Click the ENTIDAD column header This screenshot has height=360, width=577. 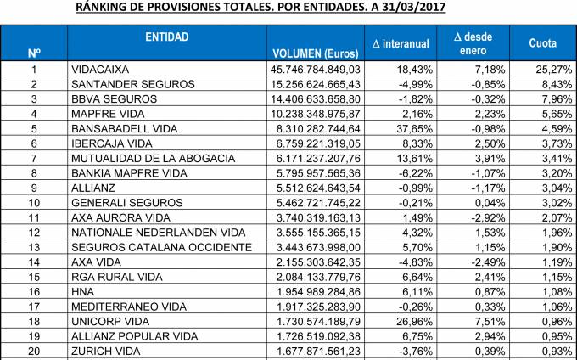point(167,37)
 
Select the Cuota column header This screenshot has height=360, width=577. point(543,43)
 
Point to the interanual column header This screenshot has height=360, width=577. point(401,43)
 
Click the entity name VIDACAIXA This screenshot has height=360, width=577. point(105,69)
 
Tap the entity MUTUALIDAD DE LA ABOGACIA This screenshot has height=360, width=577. point(153,157)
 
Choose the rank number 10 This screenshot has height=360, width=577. point(34,202)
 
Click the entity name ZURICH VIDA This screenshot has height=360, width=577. point(107,351)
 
